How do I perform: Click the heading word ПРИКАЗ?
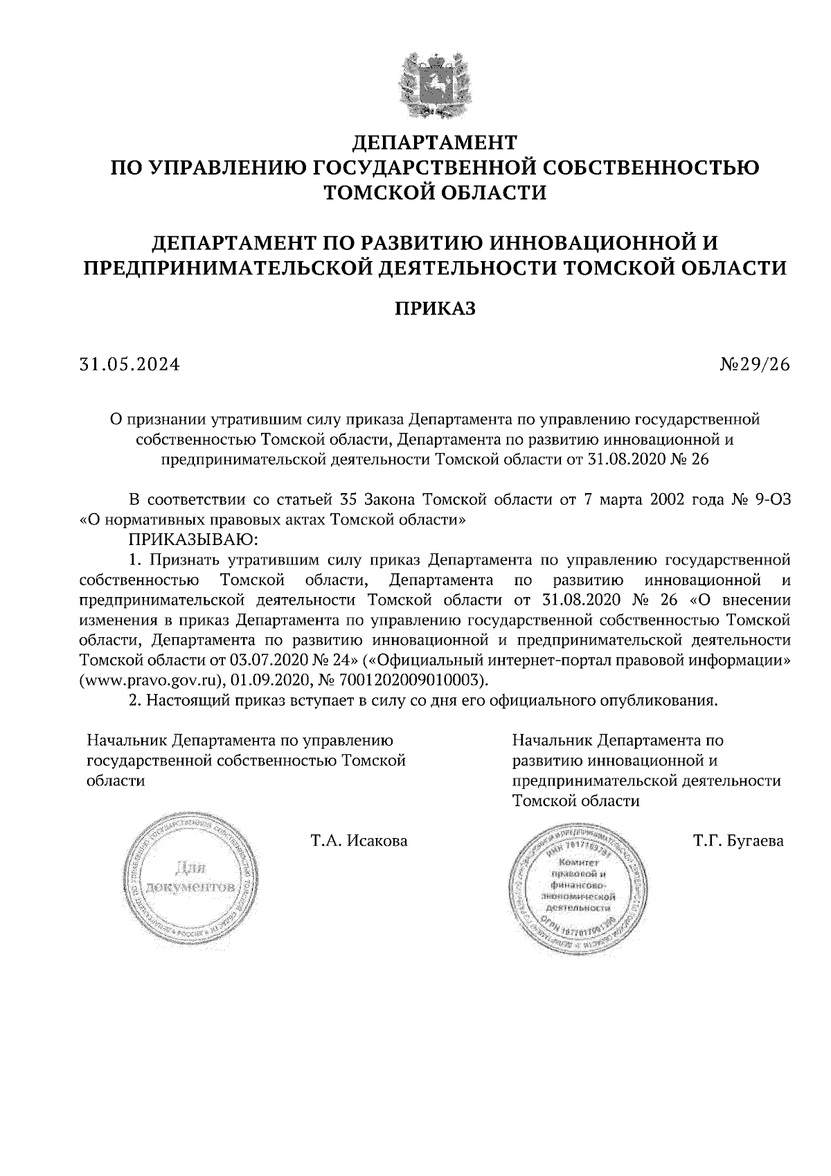(x=435, y=308)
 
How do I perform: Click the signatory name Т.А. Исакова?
(x=359, y=841)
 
